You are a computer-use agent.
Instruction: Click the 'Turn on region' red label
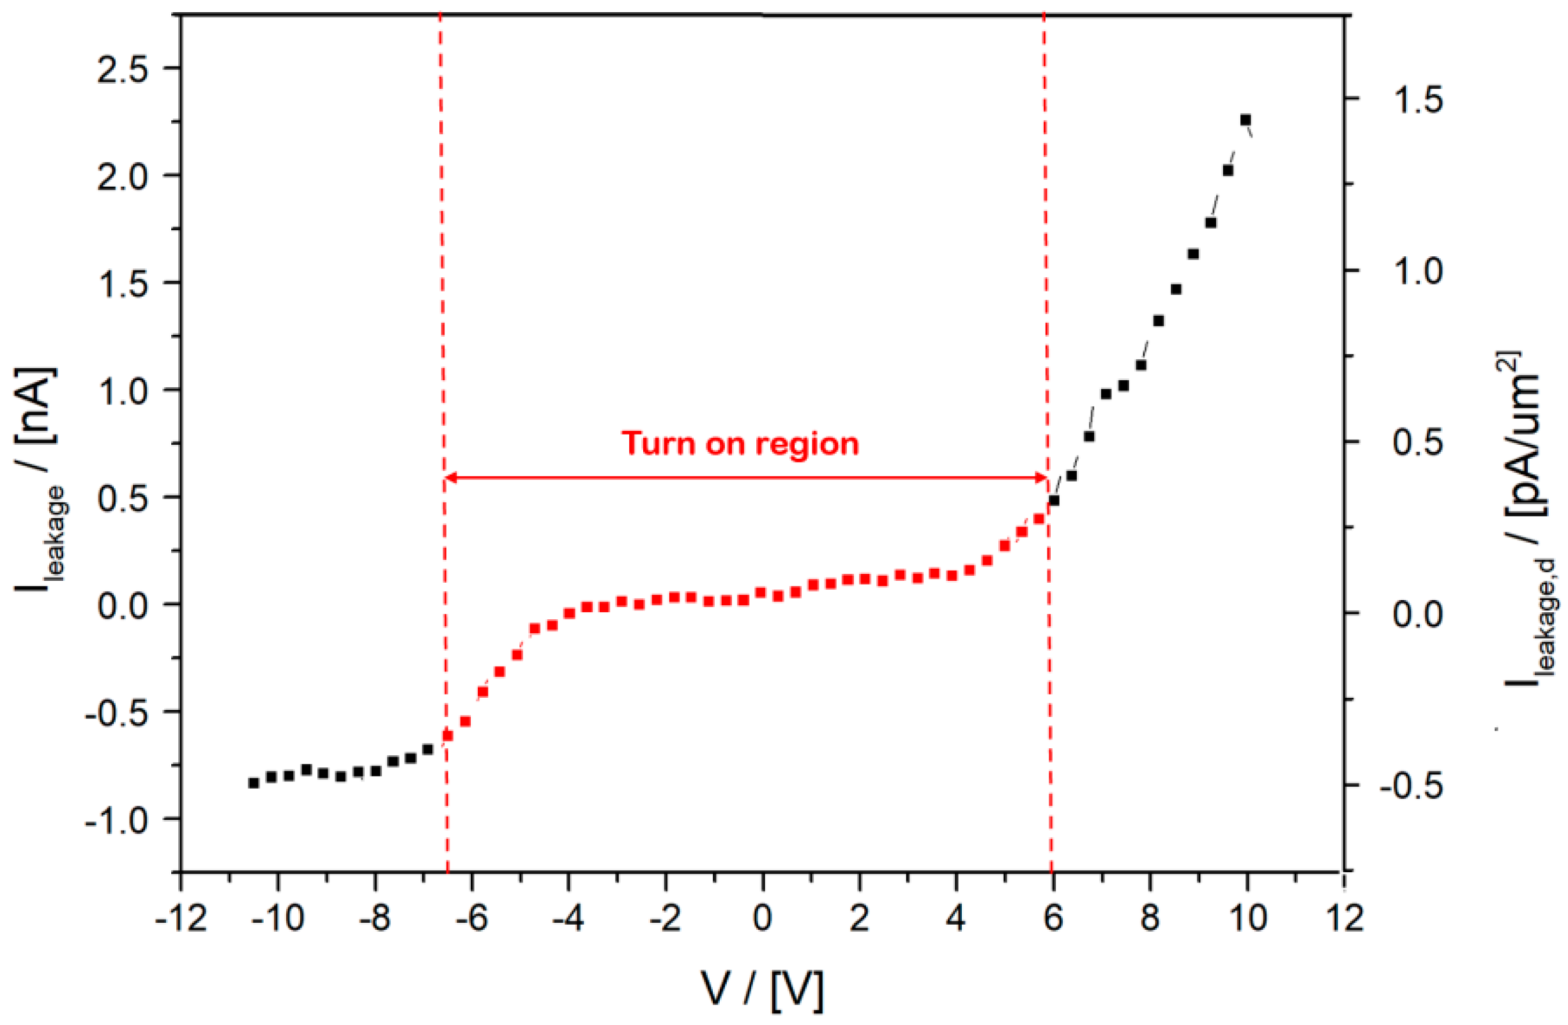coord(740,443)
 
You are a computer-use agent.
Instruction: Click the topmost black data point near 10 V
coord(1245,120)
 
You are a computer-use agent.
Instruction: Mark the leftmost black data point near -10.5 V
coord(254,783)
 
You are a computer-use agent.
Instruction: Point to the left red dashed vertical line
coord(443,264)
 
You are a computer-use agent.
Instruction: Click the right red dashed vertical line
coord(1046,264)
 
